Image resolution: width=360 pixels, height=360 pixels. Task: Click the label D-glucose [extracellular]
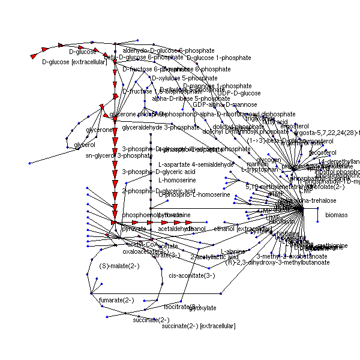pos(74,62)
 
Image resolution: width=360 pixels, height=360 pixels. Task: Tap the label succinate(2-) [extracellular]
pos(199,326)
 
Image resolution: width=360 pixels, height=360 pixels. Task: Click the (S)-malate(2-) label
pos(119,266)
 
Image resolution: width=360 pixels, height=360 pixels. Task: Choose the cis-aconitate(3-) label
pos(192,275)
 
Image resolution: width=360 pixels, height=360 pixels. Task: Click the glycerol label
pos(85,145)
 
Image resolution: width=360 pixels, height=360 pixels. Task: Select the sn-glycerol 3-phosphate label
pos(119,155)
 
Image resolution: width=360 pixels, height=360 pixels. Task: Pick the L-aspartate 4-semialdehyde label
pos(196,164)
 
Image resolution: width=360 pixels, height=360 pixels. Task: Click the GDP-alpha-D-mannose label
pos(224,105)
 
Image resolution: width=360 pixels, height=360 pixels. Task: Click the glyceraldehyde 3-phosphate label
pos(160,127)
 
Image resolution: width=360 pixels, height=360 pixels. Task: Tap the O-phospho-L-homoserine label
pos(194,194)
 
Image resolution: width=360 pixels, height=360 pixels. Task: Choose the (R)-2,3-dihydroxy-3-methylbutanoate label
pos(277,262)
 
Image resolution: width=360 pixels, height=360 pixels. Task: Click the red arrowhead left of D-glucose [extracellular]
pos(34,56)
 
